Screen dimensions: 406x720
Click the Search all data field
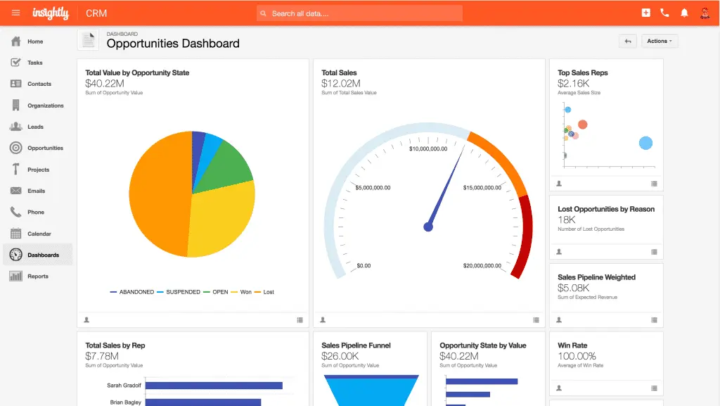359,13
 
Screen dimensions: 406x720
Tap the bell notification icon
684,13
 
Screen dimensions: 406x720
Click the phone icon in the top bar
665,13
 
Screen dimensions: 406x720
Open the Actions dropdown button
659,42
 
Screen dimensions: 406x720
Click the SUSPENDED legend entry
183,292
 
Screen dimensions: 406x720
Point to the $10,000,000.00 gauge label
428,148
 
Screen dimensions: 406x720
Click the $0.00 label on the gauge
364,266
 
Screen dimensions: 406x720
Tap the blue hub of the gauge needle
427,227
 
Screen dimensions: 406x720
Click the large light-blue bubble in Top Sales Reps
645,143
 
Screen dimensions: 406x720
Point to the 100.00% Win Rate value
577,356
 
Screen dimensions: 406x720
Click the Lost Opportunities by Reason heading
605,209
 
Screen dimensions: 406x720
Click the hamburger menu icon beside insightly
15,13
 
